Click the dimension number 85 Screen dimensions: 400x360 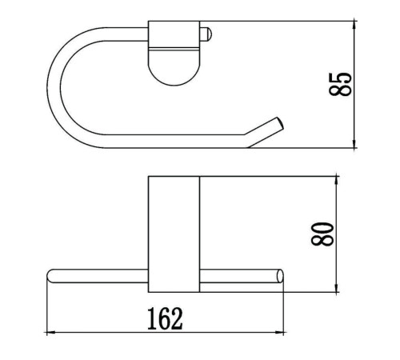(341, 84)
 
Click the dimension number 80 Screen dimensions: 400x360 (322, 234)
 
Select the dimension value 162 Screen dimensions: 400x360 (166, 318)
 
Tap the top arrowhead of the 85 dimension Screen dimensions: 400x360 (354, 26)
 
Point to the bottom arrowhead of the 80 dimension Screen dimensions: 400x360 (337, 287)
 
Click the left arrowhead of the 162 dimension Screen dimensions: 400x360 (50, 333)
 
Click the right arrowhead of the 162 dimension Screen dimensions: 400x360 (279, 333)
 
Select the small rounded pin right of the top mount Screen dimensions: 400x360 (206, 34)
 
